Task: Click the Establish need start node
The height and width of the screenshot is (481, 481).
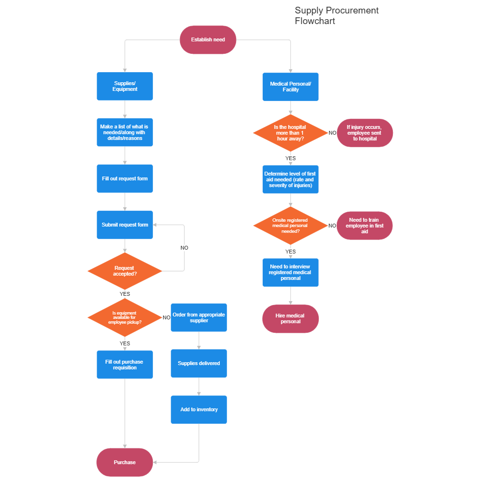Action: tap(208, 40)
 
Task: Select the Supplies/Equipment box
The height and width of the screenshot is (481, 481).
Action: tap(125, 87)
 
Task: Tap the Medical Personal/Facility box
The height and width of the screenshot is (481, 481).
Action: tap(291, 87)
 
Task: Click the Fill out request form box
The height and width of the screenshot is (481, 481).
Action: tap(125, 179)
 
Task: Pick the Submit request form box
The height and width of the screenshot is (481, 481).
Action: tap(125, 225)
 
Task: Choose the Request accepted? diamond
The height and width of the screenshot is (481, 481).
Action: tap(125, 271)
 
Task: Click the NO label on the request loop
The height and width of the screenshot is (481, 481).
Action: tap(184, 248)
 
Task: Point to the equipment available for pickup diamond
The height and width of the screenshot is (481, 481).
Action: tap(125, 318)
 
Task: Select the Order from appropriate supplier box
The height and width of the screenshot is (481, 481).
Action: tap(199, 317)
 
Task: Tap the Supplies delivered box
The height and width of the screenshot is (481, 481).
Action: tap(199, 364)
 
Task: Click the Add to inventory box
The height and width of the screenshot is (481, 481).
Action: tap(199, 410)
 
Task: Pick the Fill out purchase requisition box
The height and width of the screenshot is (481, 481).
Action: tap(125, 365)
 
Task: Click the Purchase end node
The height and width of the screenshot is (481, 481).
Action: tap(125, 462)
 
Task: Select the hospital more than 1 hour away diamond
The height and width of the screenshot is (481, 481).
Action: tap(290, 133)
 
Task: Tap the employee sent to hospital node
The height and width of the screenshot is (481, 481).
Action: tap(365, 133)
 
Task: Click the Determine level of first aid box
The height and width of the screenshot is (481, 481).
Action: tap(291, 179)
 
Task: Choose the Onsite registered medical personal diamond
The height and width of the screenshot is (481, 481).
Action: tap(290, 226)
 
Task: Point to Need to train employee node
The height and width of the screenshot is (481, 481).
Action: tap(365, 226)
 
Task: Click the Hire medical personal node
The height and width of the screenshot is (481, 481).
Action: tap(291, 318)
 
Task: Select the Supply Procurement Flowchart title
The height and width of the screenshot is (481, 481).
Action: tap(337, 16)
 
